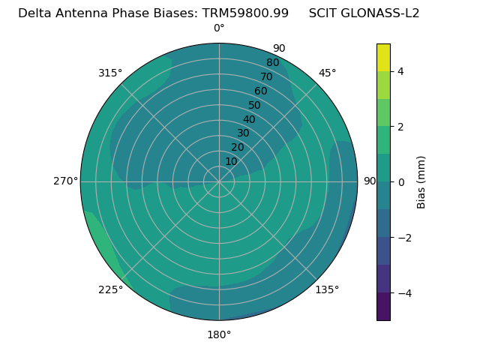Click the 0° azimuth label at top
pos(219,28)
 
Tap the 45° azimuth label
pos(327,73)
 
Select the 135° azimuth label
pos(327,289)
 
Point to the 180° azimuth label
pos(219,334)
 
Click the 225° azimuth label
pos(110,289)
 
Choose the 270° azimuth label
pos(65,181)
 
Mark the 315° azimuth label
pos(110,73)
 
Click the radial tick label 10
pos(231,161)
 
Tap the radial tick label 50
pos(255,105)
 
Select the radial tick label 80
pos(273,62)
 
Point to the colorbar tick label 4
pos(401,71)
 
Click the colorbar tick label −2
pos(403,238)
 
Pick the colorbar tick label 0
pos(401,182)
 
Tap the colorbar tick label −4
pos(403,293)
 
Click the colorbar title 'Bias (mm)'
pos(421,182)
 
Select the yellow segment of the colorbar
pos(383,57)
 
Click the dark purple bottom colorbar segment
pos(383,307)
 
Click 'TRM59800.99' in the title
pos(245,13)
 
